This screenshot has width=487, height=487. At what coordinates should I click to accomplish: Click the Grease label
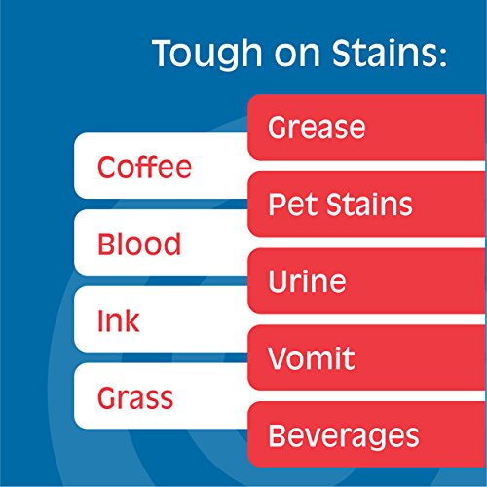[316, 128]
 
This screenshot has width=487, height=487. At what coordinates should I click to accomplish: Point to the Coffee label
[144, 168]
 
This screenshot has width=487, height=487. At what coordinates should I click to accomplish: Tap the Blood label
[138, 243]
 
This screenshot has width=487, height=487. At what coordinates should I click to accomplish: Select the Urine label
[306, 282]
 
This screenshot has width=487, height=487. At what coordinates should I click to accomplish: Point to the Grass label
[135, 397]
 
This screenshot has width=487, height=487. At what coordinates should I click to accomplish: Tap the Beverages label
[342, 435]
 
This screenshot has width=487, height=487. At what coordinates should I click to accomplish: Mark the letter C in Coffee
[106, 168]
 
